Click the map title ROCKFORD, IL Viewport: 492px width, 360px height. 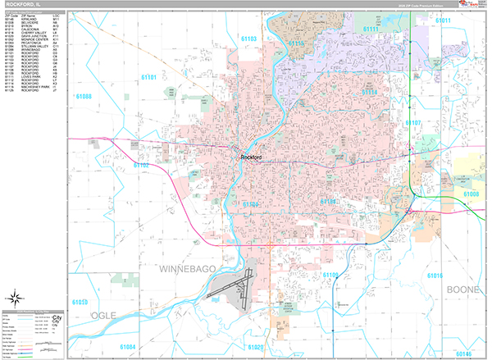24,4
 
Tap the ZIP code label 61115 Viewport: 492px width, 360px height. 297,43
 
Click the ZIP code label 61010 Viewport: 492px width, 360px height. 81,303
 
